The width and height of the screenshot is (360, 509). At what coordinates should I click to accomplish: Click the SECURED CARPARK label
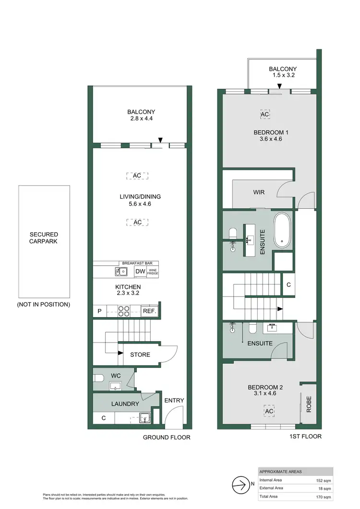(44, 238)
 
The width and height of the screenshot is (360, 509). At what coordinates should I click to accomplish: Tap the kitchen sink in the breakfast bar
(120, 272)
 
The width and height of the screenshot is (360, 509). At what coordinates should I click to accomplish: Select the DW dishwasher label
(140, 272)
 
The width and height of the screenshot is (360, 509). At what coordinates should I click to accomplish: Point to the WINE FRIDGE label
(153, 272)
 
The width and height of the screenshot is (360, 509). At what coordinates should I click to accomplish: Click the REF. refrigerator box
(150, 311)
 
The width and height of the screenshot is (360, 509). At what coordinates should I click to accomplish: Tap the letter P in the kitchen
(99, 311)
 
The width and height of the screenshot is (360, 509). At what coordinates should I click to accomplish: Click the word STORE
(140, 355)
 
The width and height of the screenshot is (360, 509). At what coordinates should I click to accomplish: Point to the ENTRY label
(174, 401)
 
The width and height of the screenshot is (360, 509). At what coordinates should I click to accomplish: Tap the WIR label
(259, 192)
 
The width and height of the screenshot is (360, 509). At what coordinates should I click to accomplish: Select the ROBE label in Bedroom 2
(308, 404)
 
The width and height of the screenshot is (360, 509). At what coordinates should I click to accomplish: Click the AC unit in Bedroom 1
(264, 115)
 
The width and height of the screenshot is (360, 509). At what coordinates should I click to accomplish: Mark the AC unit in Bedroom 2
(268, 412)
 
